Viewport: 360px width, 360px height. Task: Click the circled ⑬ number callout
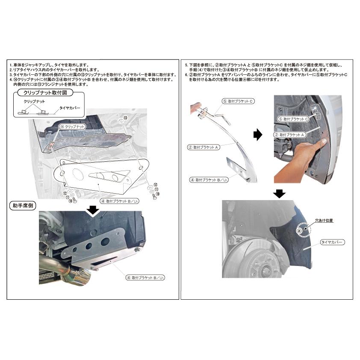click(125, 118)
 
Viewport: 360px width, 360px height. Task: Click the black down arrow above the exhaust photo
click(93, 210)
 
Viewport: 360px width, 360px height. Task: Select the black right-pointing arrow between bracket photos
click(257, 135)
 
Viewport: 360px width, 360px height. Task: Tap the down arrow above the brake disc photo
click(279, 194)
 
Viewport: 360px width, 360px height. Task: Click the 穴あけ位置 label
click(324, 221)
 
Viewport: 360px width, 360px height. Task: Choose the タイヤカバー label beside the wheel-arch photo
click(332, 242)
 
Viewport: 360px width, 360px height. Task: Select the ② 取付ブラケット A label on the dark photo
click(291, 134)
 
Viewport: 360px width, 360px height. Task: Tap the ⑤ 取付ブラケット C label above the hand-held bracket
click(238, 101)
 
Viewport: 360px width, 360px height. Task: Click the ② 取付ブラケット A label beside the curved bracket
click(204, 147)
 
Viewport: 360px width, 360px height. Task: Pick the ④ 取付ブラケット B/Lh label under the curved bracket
click(209, 180)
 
